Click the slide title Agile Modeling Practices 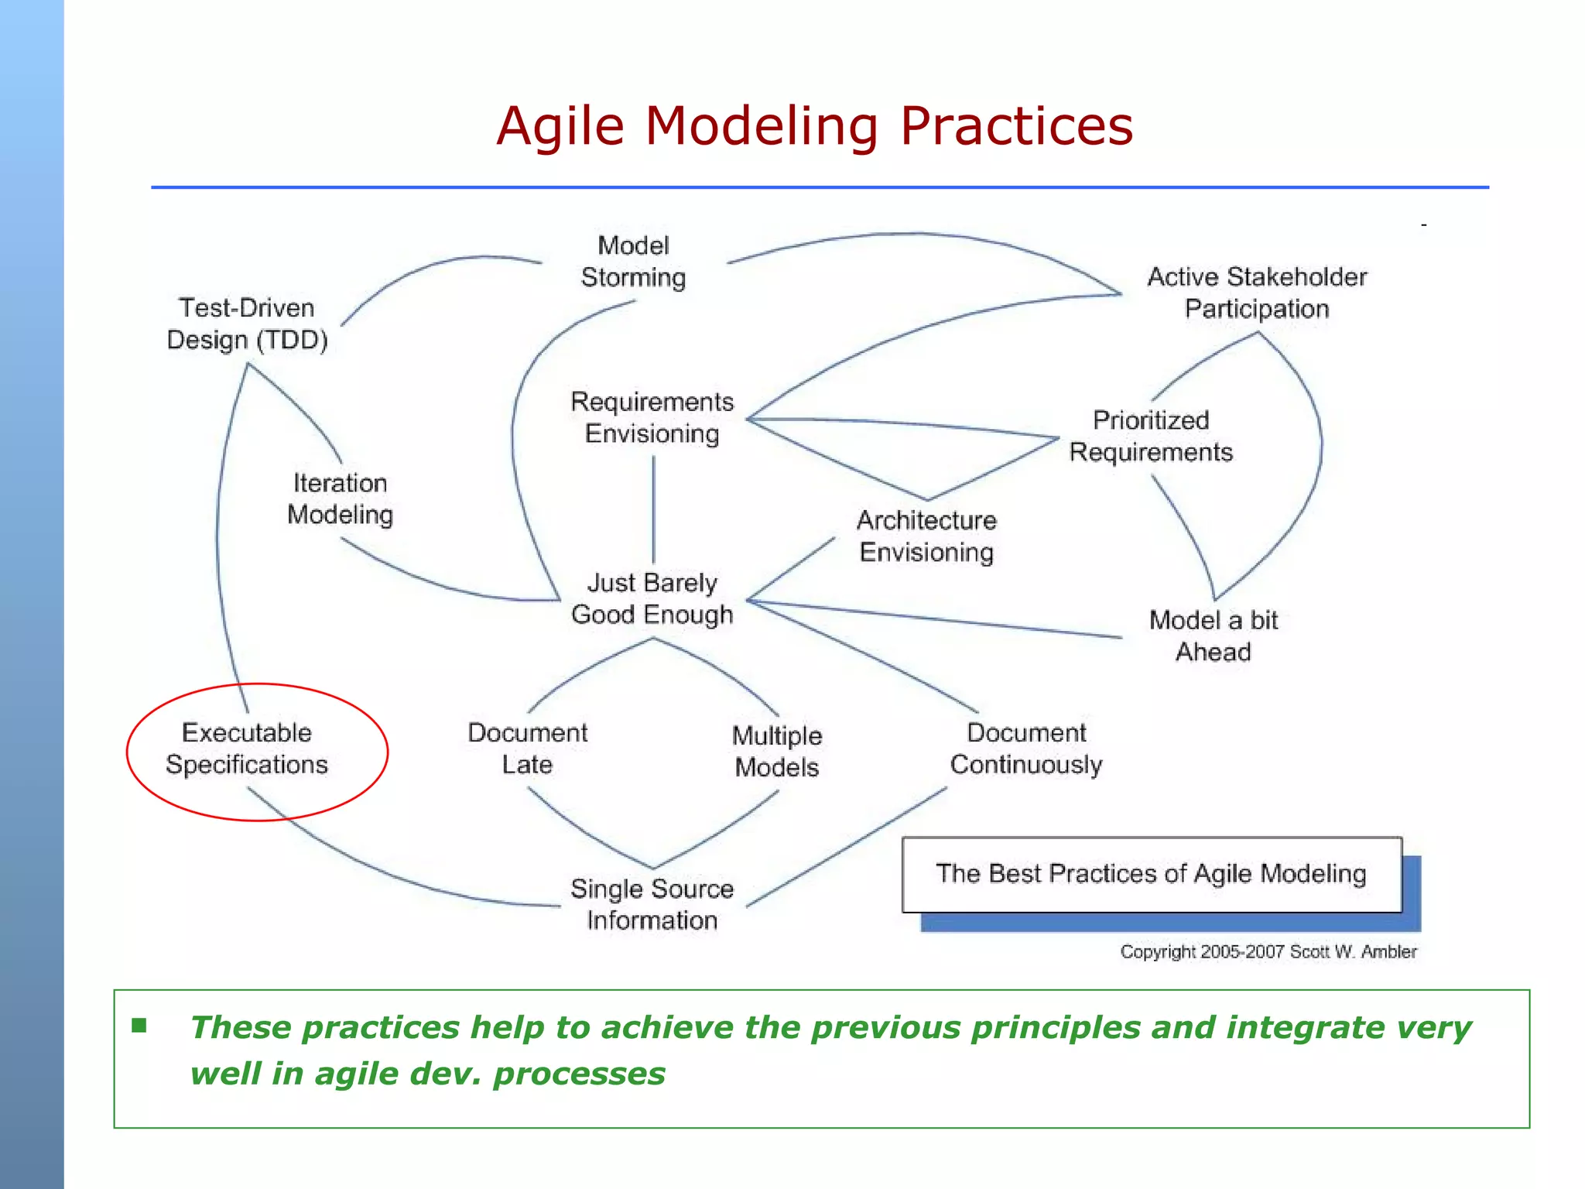click(814, 125)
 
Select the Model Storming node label click(633, 262)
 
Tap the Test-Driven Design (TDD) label click(247, 324)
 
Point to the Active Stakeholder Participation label click(1257, 293)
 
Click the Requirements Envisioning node click(652, 417)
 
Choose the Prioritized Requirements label click(1151, 436)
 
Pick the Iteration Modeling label click(340, 499)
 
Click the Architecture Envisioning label click(926, 536)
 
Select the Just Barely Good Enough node click(652, 598)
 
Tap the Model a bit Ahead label click(1213, 636)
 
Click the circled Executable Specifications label click(247, 749)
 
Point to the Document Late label click(527, 749)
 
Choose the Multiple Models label click(777, 751)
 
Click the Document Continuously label click(1026, 749)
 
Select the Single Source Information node click(652, 904)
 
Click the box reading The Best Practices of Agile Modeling click(1151, 874)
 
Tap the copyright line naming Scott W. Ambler click(1268, 951)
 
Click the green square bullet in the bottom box click(139, 1026)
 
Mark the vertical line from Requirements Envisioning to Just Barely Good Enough click(654, 509)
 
